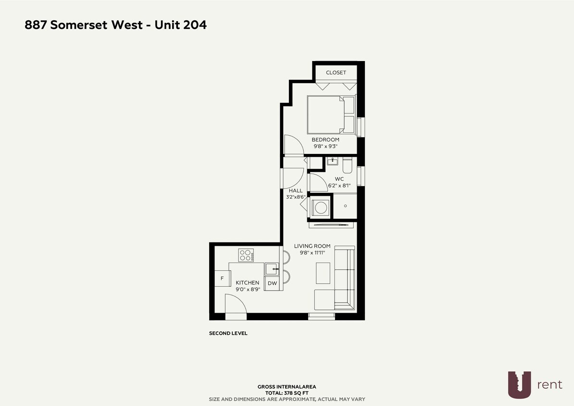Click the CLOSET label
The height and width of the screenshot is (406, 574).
point(336,73)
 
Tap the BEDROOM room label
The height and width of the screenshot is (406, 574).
point(325,140)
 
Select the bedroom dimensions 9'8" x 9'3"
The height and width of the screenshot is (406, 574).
point(325,146)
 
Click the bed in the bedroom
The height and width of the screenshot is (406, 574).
point(330,114)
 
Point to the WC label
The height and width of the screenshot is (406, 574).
point(339,179)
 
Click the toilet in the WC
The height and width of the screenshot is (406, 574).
point(348,166)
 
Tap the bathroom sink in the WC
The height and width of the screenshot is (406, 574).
point(332,162)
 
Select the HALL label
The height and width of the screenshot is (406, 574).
point(296,190)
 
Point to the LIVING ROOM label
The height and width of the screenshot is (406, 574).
point(312,246)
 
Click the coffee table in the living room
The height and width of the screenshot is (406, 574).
point(323,273)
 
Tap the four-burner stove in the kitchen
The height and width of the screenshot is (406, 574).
point(246,254)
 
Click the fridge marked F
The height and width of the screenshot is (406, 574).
point(222,279)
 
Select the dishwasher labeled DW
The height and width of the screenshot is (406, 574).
point(272,283)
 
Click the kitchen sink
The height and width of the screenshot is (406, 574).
point(272,269)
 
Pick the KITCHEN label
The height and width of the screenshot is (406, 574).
point(248,283)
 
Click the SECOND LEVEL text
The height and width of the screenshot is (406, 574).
point(228,333)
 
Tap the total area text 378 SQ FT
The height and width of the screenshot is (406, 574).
point(287,393)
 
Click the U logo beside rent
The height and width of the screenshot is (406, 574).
point(520,384)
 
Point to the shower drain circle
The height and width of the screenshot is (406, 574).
point(345,206)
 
